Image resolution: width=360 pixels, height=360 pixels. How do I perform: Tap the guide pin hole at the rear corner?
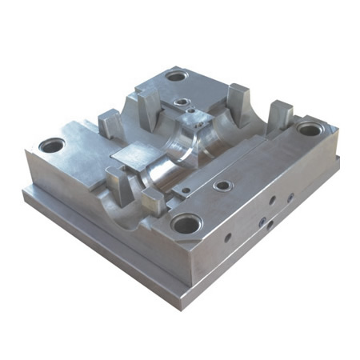click(177, 77)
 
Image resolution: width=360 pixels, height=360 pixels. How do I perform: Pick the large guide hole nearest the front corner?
click(187, 223)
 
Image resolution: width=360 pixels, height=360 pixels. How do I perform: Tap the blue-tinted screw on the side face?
click(262, 217)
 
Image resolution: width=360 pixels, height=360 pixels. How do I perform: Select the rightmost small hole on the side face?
click(290, 196)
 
